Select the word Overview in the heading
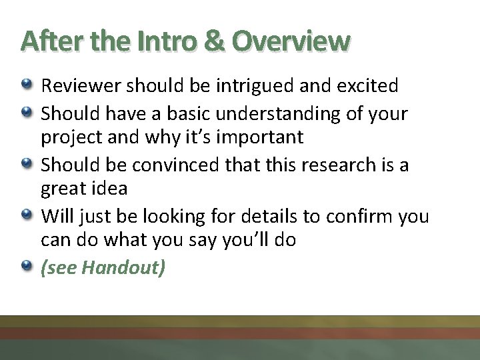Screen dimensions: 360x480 tap(291, 41)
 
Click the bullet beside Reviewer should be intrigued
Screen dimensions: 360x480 tap(26, 85)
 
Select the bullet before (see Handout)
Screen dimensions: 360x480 tap(26, 267)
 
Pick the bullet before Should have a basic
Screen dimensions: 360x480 tap(26, 113)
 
